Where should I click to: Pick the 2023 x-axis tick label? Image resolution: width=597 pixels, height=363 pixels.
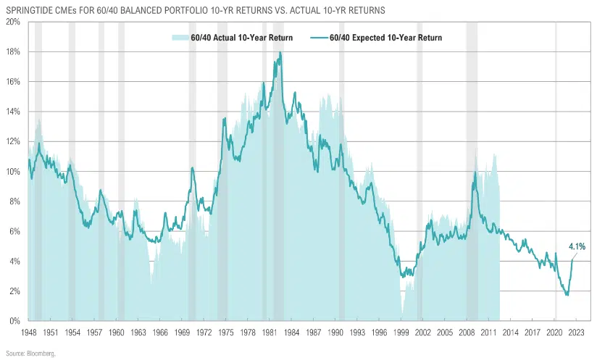[x=577, y=331]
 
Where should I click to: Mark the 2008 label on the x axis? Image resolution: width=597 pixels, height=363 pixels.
[x=467, y=331]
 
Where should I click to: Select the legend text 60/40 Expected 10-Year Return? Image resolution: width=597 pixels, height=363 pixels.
[x=385, y=38]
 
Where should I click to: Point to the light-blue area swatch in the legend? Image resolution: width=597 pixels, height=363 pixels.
[x=180, y=38]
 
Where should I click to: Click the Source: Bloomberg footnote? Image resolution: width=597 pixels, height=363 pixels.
[x=28, y=353]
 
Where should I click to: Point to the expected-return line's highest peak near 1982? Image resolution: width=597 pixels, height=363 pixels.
[x=280, y=53]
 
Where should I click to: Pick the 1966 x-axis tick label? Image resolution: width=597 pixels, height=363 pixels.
[x=160, y=331]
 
